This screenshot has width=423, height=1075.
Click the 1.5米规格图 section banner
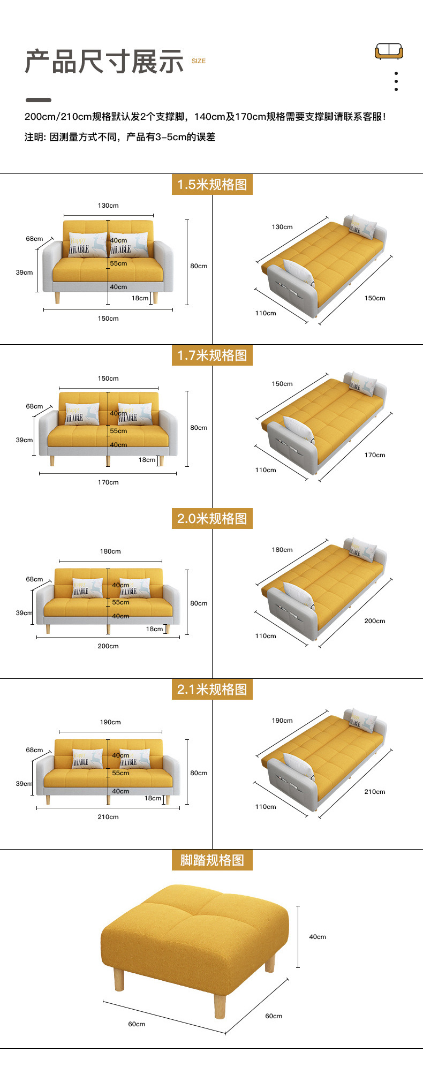pos(212,185)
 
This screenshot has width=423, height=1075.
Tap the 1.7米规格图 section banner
pos(212,355)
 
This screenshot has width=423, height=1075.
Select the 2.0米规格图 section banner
pos(212,518)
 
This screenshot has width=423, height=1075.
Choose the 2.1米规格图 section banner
pos(212,689)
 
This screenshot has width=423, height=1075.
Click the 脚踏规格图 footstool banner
pos(212,860)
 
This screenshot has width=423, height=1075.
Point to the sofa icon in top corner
pos(389,51)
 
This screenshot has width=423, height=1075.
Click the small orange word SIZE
pos(199,61)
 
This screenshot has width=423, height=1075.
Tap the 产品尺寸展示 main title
pos(104,62)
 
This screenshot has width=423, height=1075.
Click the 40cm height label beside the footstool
pos(318,937)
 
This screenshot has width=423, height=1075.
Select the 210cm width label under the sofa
pos(108,817)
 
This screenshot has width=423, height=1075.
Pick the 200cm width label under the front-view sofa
pos(108,646)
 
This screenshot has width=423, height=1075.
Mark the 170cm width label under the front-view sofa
pos(108,482)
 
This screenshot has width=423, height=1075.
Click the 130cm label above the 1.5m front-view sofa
pos(108,206)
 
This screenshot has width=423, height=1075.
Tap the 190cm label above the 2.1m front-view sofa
pos(110,722)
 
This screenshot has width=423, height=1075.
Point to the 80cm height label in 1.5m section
pos(199,266)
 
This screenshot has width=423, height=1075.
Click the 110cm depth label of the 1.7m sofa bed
pos(266,470)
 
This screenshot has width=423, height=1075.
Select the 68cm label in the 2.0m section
pos(34,579)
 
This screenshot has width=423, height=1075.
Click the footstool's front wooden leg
pos(220,1004)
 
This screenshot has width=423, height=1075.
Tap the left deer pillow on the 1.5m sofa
pos(87,245)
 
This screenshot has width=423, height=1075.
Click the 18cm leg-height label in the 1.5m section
pos(140,298)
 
